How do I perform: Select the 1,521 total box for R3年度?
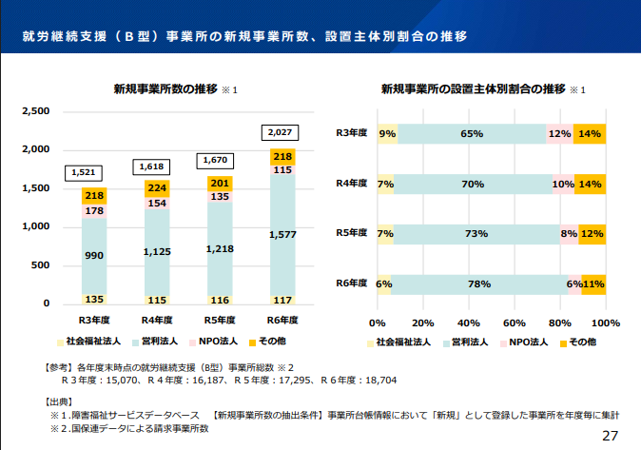[83, 173]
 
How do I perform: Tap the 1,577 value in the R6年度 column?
[282, 234]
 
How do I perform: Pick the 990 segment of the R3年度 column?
[93, 256]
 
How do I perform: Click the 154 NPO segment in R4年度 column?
[157, 204]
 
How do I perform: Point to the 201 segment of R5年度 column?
[220, 183]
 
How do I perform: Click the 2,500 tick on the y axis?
[35, 111]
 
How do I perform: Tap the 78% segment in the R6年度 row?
[478, 284]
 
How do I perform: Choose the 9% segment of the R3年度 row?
[387, 134]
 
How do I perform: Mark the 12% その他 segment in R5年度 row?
[592, 233]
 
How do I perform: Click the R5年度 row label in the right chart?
[353, 233]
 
